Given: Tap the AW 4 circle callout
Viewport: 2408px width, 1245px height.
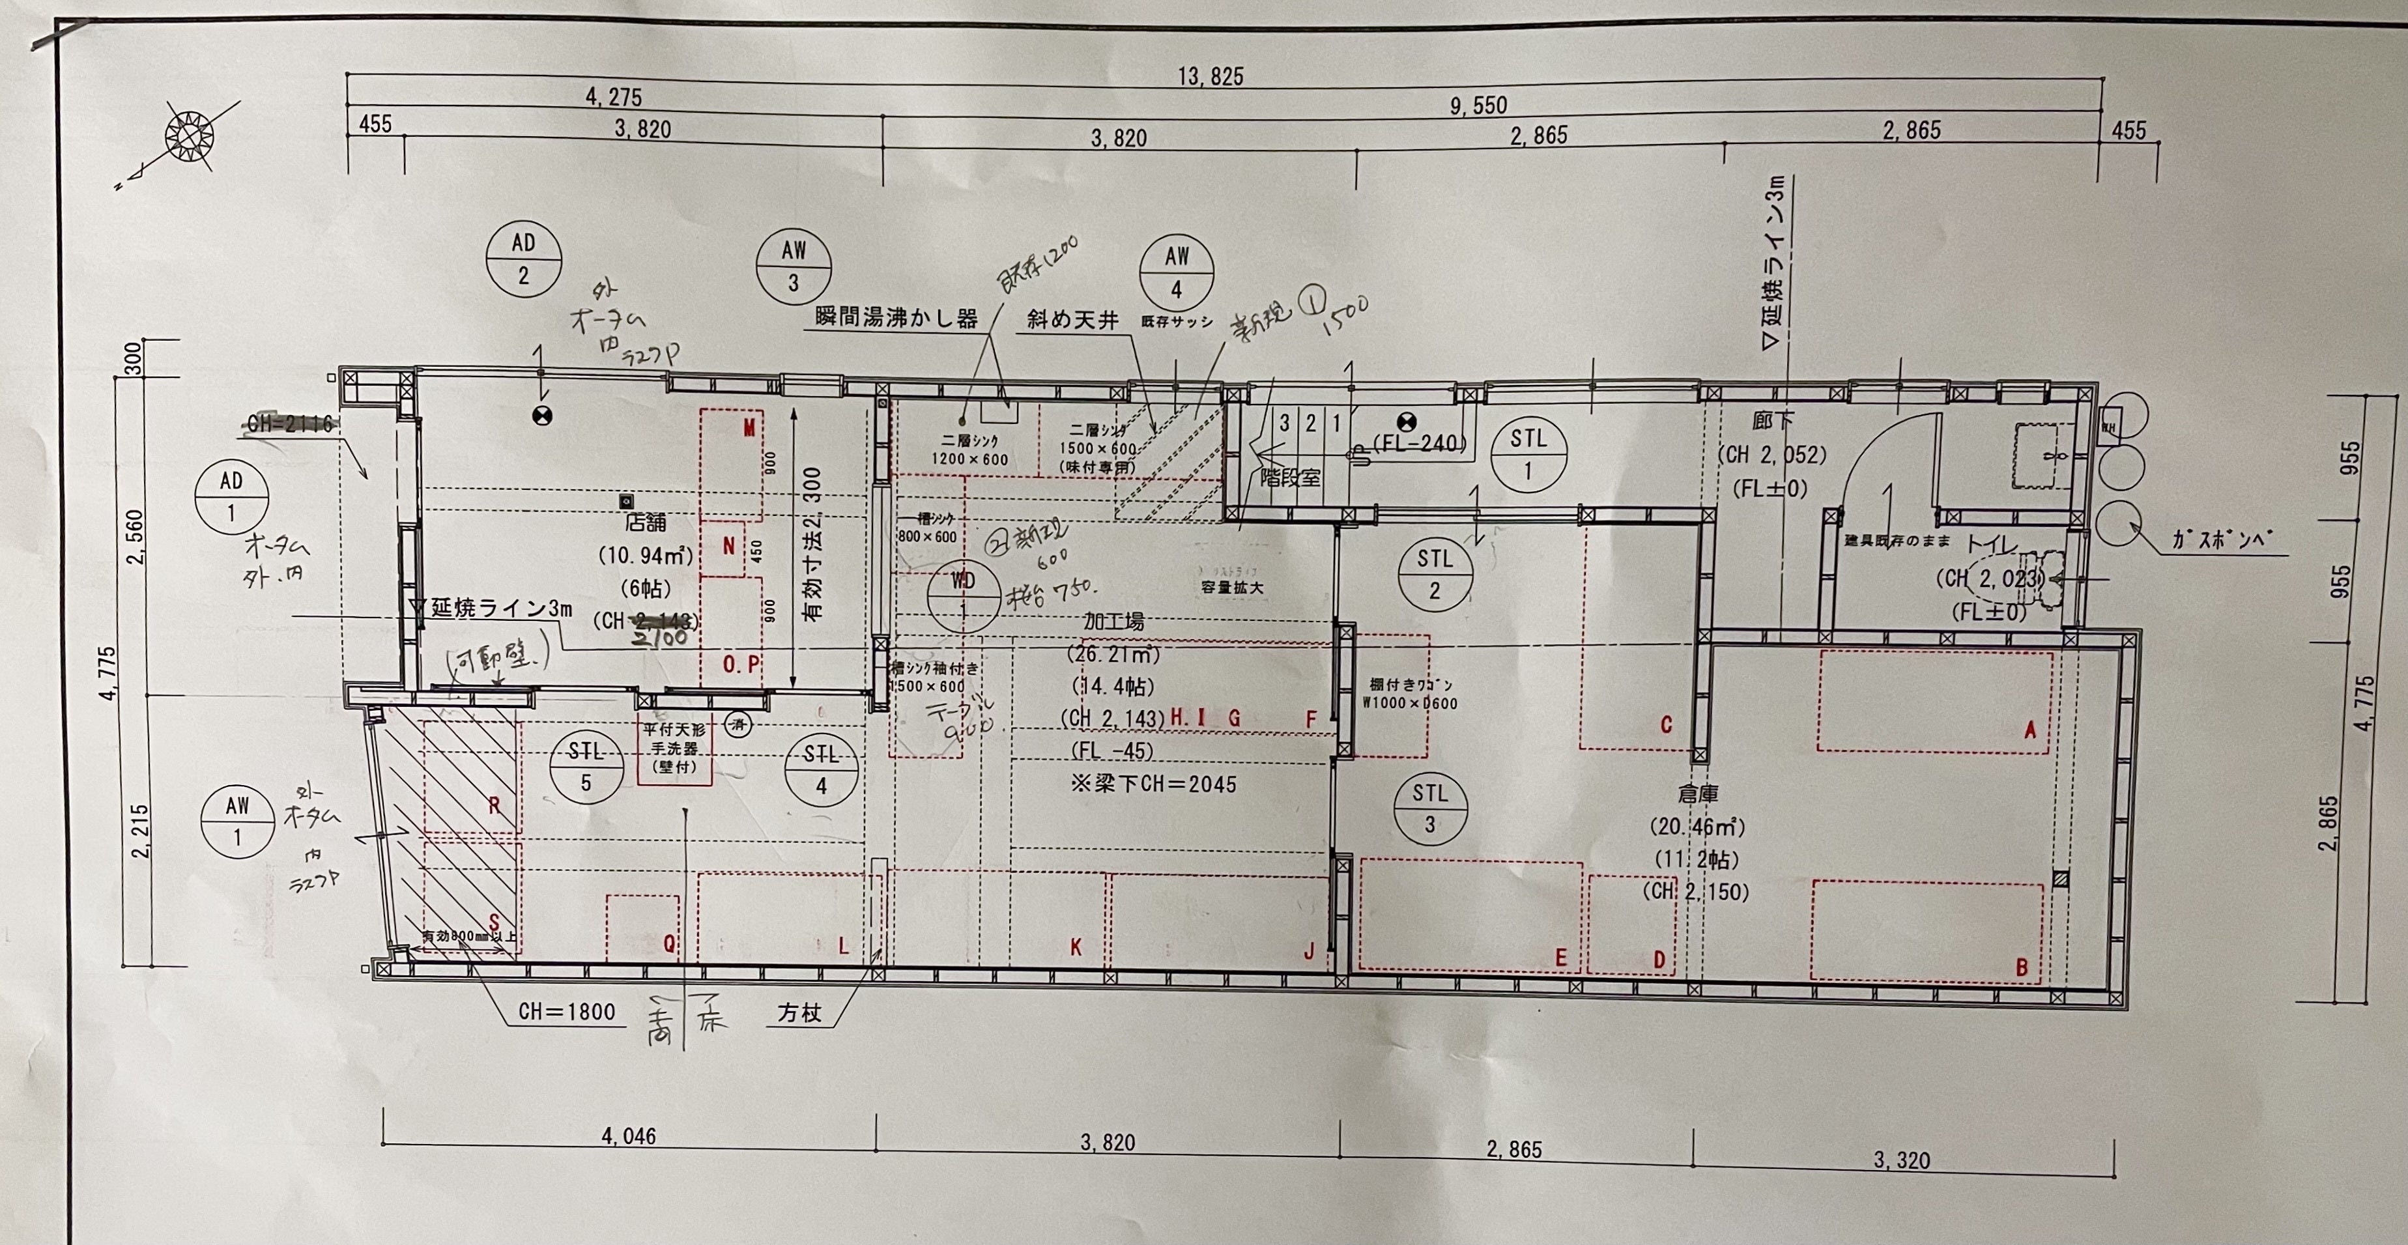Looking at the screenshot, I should point(1176,272).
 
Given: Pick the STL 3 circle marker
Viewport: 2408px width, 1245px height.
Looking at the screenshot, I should point(1429,809).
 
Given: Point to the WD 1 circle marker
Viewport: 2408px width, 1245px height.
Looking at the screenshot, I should point(963,596).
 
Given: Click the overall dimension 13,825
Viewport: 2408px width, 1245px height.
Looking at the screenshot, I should point(1211,77).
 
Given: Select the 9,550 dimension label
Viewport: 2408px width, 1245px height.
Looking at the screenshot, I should point(1478,106).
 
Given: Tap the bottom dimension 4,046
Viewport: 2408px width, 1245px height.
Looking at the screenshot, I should point(628,1137).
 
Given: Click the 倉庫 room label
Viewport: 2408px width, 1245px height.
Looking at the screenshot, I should point(1698,794).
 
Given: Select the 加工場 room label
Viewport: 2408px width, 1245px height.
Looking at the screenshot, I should point(1113,621).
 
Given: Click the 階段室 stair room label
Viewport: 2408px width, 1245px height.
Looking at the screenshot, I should point(1290,478).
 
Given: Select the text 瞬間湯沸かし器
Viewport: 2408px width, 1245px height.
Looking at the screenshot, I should point(896,318).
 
